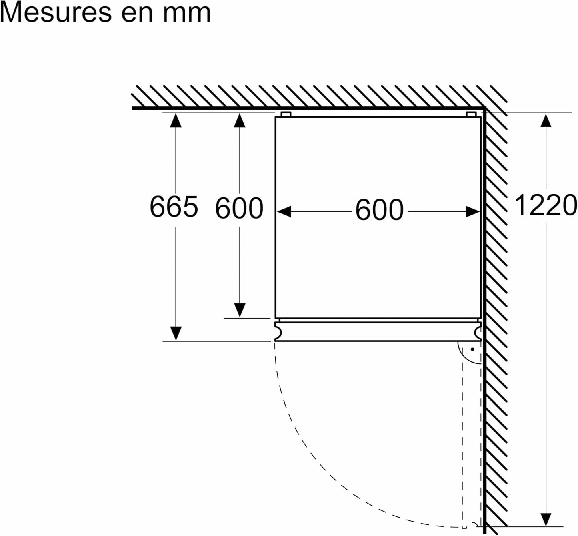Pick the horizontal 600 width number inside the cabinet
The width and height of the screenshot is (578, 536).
click(x=380, y=209)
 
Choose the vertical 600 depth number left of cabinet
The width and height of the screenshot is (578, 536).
click(x=239, y=208)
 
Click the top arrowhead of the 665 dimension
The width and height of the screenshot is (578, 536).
click(x=176, y=120)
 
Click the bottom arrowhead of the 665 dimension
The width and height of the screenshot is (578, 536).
click(x=176, y=333)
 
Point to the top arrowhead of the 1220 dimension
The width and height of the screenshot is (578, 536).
click(x=546, y=120)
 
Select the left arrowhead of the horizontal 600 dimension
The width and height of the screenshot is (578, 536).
click(x=284, y=211)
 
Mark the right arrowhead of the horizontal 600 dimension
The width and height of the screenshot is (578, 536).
click(x=473, y=211)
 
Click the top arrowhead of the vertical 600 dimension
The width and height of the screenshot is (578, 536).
click(x=240, y=120)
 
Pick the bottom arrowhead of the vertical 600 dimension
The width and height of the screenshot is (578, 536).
click(x=240, y=310)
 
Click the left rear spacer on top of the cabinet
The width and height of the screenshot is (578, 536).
click(x=286, y=114)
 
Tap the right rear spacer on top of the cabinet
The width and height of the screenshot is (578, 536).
click(x=471, y=114)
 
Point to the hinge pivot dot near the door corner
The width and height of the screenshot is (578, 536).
click(x=472, y=349)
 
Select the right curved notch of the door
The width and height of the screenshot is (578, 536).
click(x=478, y=332)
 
